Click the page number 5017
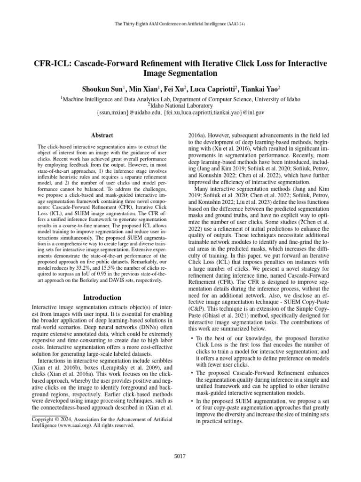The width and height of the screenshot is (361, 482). (x=180, y=456)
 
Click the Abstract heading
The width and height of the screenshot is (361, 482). (x=102, y=135)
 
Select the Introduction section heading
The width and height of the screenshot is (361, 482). (x=102, y=297)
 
